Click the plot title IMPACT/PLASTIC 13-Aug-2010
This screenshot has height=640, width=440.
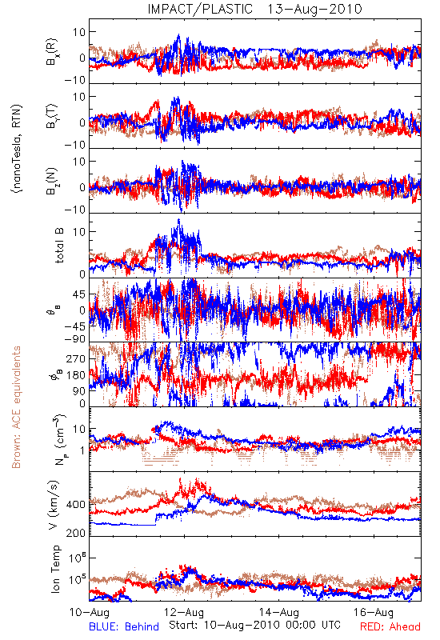click(x=254, y=9)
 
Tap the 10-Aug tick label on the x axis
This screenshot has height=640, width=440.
click(x=90, y=612)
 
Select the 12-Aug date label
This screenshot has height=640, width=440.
click(x=184, y=612)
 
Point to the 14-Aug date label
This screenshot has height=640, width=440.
click(x=279, y=612)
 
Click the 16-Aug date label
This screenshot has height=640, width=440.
click(x=374, y=612)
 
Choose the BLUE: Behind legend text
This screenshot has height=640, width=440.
click(x=124, y=626)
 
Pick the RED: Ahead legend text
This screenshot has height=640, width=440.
click(x=390, y=626)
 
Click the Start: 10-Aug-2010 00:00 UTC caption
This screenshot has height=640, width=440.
click(x=254, y=625)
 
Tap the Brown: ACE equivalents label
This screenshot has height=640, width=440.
click(x=16, y=407)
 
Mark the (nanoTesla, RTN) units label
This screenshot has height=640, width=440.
click(x=17, y=148)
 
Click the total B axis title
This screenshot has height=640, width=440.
click(x=59, y=246)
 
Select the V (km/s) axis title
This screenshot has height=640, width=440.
click(x=54, y=505)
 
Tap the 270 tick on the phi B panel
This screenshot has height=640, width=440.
click(x=76, y=358)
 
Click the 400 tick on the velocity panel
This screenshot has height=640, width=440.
click(x=76, y=505)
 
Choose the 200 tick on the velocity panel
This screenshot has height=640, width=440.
click(x=76, y=533)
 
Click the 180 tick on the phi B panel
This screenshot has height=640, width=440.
click(x=76, y=375)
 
